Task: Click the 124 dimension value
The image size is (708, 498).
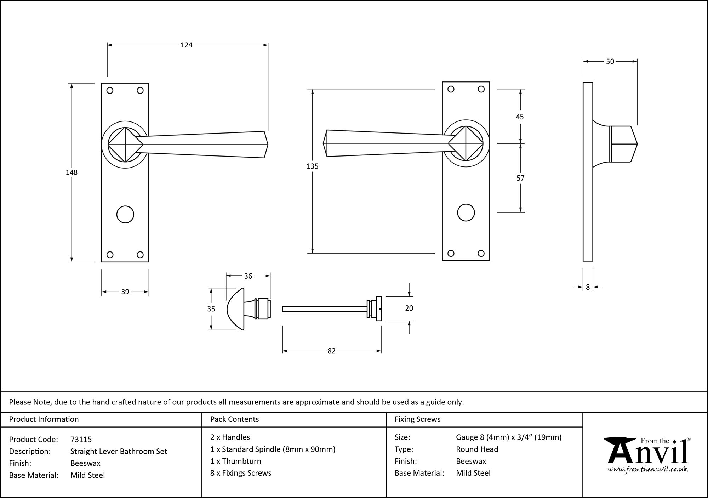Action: [187, 45]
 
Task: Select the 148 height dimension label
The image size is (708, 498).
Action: [72, 172]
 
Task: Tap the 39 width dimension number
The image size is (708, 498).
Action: [125, 292]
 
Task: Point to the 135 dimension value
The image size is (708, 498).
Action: [313, 166]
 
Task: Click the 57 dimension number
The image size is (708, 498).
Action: [520, 178]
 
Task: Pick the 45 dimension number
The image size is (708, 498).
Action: [520, 117]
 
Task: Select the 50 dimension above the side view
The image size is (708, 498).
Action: [610, 62]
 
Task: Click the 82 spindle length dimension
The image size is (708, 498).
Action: [331, 351]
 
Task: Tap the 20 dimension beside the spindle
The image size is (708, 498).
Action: [409, 309]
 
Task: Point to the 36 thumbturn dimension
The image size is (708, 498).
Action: [248, 276]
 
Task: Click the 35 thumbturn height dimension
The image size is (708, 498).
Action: [211, 309]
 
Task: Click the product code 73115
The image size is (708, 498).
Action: [81, 440]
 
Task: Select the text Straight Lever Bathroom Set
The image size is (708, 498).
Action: [119, 452]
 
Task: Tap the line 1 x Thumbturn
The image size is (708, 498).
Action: [235, 461]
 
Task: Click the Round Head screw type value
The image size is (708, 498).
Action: [477, 449]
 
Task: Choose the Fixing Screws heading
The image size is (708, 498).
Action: [417, 419]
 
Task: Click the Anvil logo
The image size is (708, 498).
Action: [647, 455]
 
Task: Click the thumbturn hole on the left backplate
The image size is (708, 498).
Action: [125, 215]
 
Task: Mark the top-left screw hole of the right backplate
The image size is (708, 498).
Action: [451, 89]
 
